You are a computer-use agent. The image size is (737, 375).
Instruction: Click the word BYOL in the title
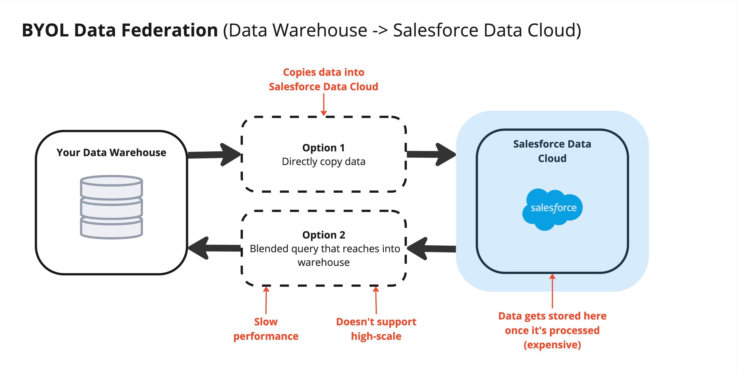(x=45, y=30)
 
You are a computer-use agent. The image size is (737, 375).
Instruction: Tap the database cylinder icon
(x=111, y=207)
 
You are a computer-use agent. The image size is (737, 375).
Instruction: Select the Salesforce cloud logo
(x=553, y=209)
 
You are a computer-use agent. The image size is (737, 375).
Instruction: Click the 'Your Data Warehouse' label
(x=111, y=153)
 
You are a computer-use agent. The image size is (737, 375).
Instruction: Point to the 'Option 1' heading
(x=324, y=148)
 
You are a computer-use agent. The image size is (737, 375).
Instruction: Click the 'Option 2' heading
(x=324, y=235)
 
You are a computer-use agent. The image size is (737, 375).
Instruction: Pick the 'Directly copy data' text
(x=324, y=162)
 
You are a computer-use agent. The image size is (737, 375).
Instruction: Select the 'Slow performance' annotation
(x=266, y=329)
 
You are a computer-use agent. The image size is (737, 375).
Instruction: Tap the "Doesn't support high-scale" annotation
(x=376, y=329)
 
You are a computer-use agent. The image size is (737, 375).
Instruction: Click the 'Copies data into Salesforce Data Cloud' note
(x=324, y=79)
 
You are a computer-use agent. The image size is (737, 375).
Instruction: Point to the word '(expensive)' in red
(x=552, y=345)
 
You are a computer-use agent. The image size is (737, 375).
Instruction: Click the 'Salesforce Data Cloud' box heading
(x=552, y=151)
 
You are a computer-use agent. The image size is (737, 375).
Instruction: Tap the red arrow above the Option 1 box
(x=324, y=104)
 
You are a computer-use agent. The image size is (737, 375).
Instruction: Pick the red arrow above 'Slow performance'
(x=266, y=300)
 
